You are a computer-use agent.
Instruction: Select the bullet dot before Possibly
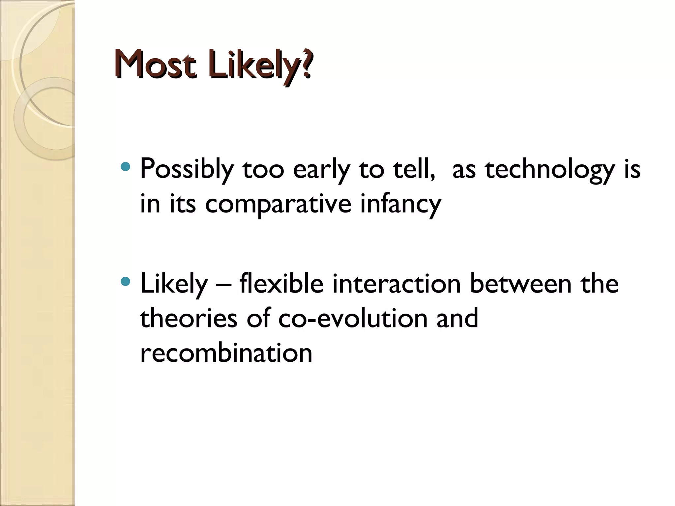pos(126,167)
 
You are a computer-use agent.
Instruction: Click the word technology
pos(550,170)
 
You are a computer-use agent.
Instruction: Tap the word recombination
pos(226,353)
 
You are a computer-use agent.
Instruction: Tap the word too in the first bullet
pos(263,170)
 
